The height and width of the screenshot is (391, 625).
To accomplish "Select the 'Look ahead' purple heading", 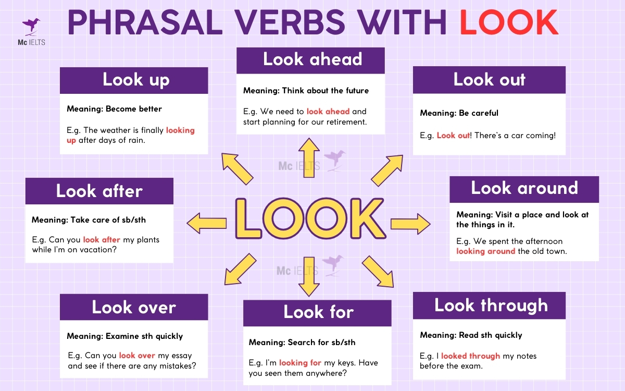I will point(311,59).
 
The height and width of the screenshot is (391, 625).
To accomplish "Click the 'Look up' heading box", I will point(134,80).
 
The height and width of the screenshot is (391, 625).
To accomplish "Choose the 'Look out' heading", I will point(489,80).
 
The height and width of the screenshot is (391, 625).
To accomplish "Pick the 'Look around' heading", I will point(523,188).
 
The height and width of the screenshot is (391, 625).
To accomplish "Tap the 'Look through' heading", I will point(490,306).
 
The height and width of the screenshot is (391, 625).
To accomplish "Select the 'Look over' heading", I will point(134,307).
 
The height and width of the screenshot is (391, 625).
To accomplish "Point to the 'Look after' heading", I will point(99,191).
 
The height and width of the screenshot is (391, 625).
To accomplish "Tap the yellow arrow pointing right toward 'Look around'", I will point(410,224).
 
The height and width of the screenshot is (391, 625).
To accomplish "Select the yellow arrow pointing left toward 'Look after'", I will point(206,223).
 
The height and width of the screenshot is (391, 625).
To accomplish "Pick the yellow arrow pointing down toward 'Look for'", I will point(309,276).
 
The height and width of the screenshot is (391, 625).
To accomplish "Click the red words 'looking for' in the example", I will point(300,363).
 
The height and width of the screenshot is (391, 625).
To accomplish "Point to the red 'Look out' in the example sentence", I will point(453,136).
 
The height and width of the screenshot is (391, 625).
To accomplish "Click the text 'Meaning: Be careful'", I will point(459,113).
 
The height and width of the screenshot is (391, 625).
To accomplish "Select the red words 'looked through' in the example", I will point(470,356).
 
